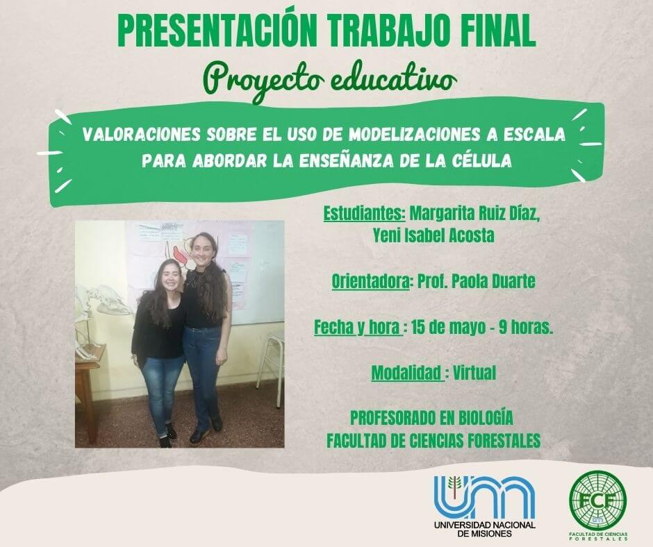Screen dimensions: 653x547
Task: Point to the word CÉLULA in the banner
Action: click(x=481, y=160)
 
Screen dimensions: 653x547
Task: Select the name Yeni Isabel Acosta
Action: click(x=433, y=235)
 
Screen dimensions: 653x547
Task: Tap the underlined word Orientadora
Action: click(x=370, y=282)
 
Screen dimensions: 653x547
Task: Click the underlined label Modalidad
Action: click(x=406, y=373)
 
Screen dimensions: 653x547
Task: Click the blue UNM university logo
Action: click(x=484, y=496)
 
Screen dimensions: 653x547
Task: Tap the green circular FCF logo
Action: click(x=598, y=499)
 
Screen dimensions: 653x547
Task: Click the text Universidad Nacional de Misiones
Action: click(x=485, y=529)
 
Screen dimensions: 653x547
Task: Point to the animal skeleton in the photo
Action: click(x=100, y=317)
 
